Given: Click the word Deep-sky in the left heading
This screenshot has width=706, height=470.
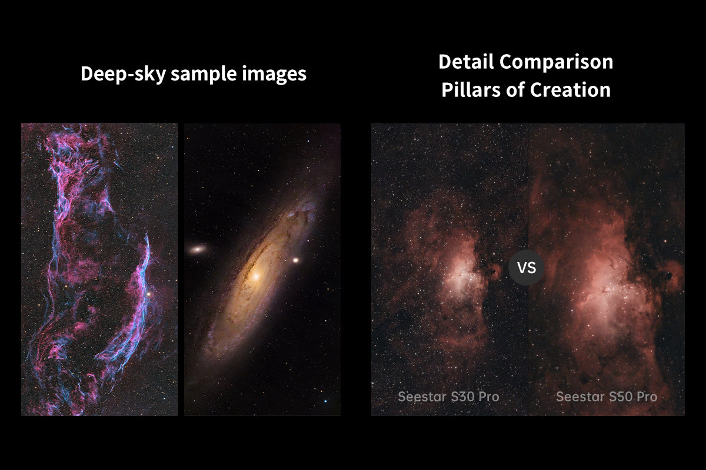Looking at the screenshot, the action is coord(123,74).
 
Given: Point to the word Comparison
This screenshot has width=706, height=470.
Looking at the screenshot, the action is coord(557,62).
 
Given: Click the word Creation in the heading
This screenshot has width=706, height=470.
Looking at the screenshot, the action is coord(570,90).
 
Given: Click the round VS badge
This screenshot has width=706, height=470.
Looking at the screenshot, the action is coord(527,267).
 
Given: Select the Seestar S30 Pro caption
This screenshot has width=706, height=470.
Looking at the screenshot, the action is coord(448,397).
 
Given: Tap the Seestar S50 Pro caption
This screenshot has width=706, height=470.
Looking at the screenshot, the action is coord(607,397).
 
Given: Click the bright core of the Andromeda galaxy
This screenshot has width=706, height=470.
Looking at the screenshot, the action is coord(256,277).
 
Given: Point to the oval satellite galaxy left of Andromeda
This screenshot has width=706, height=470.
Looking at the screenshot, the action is coord(198,250).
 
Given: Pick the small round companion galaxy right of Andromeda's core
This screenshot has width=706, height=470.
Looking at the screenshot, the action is coord(295,260).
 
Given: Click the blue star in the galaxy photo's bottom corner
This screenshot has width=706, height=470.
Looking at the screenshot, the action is coord(325,401).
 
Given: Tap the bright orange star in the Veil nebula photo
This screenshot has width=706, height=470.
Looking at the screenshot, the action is coord(148,294).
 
